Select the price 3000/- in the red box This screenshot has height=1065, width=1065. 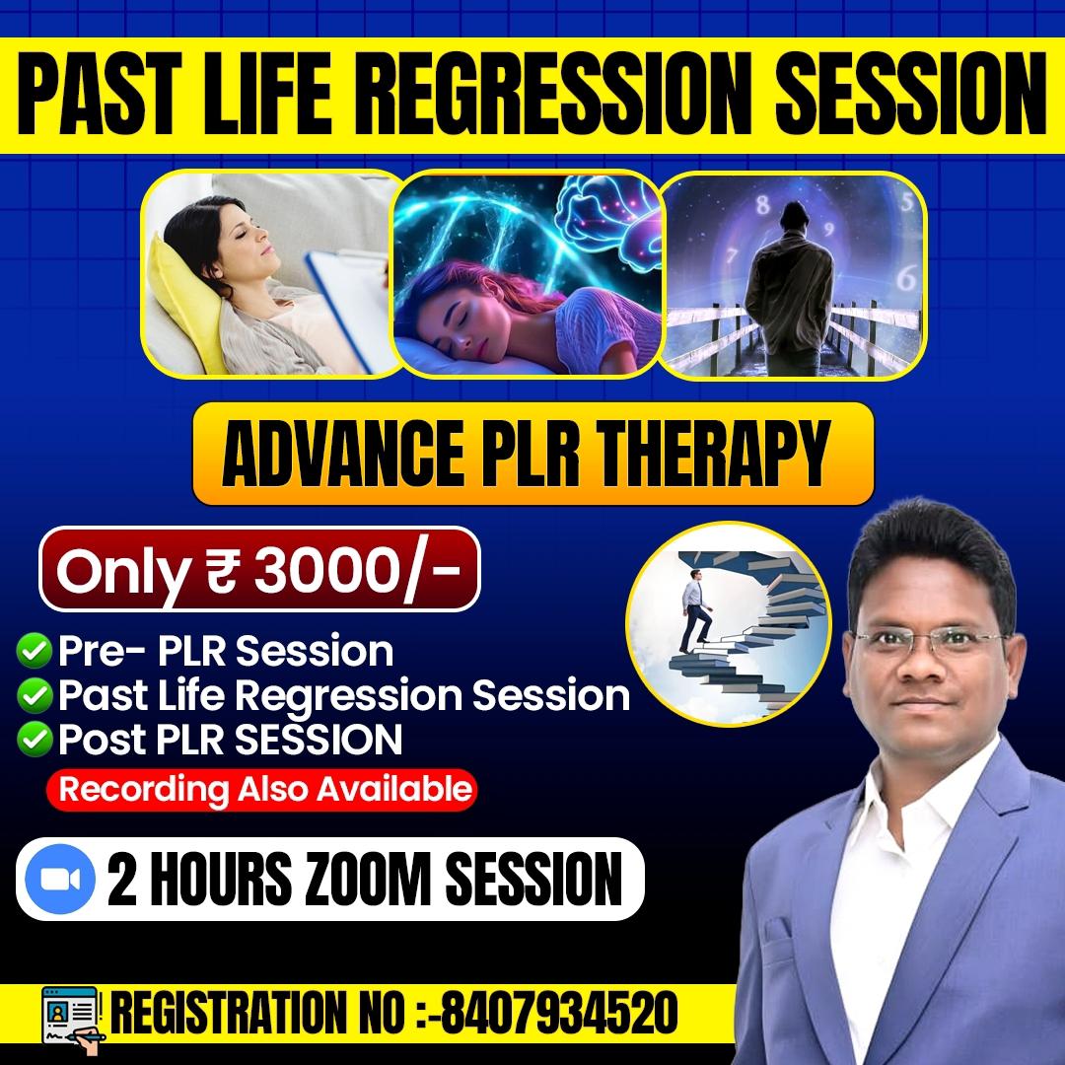[x=359, y=572]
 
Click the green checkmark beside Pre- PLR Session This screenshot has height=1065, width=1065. [x=35, y=651]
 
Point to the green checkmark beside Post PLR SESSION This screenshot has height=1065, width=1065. [x=35, y=739]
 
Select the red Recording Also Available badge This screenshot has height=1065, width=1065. [x=261, y=789]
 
